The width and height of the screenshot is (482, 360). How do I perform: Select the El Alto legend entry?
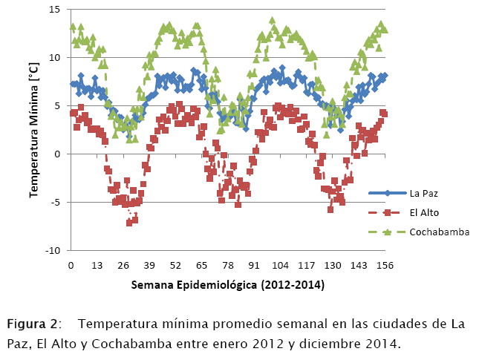click(x=427, y=212)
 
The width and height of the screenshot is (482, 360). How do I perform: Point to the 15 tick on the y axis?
click(x=55, y=10)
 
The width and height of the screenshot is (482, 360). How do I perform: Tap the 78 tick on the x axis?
click(x=228, y=265)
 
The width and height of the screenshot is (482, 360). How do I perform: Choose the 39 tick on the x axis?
click(x=150, y=265)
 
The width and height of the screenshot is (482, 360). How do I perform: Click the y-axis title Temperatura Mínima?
click(x=34, y=131)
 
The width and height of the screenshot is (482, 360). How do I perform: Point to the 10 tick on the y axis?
click(x=55, y=58)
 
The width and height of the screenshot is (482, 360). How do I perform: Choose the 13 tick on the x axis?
click(x=97, y=265)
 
